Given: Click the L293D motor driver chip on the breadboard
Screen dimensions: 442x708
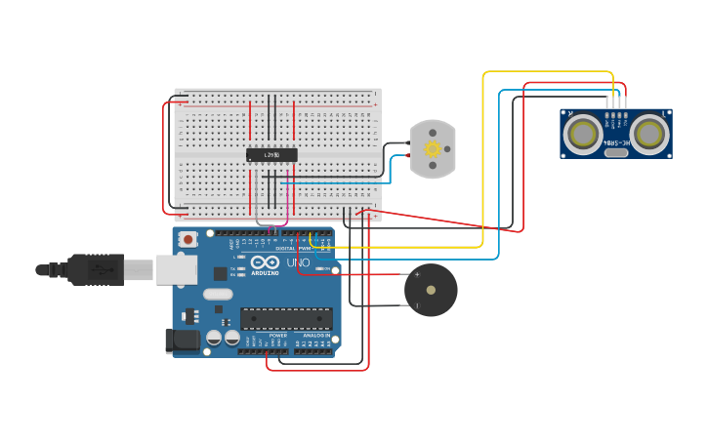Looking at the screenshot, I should (x=271, y=154).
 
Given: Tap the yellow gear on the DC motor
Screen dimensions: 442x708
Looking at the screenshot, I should (x=431, y=149).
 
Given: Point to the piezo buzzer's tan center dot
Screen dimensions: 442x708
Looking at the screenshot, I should (x=431, y=290).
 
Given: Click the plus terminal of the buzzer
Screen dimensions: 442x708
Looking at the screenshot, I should (x=417, y=274).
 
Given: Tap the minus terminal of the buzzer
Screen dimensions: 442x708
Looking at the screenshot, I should (x=417, y=305).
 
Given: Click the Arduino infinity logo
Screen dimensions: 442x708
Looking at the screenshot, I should (x=265, y=262).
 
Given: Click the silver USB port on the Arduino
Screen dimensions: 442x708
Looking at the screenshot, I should (x=176, y=269).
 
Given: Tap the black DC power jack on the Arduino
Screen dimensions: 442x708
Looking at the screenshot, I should (x=183, y=341).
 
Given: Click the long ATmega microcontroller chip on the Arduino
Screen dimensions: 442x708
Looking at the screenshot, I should (x=286, y=319).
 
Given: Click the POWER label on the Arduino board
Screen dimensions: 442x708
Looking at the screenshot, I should (x=278, y=335).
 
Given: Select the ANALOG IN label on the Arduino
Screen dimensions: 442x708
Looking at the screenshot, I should (x=311, y=335).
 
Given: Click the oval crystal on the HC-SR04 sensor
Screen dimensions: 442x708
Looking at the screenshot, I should (x=616, y=152).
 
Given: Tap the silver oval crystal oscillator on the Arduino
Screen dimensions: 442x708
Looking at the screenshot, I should (x=219, y=294).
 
